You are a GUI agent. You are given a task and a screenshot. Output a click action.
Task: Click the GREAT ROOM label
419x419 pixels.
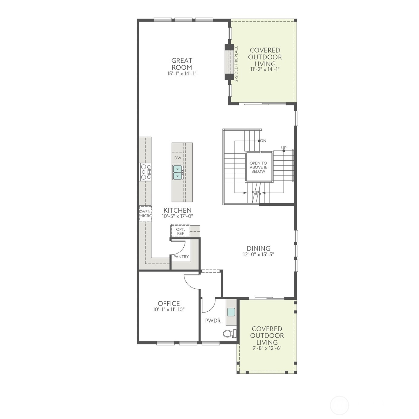(182, 64)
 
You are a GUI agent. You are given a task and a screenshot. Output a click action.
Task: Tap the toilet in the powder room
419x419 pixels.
(230, 333)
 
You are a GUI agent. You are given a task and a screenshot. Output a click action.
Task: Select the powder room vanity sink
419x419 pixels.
(231, 312)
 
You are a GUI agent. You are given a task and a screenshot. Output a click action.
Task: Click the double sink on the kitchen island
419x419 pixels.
(178, 172)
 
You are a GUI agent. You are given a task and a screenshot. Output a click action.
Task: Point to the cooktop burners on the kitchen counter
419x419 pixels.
(146, 172)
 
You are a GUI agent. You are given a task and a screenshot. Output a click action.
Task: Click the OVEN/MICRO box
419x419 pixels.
(146, 214)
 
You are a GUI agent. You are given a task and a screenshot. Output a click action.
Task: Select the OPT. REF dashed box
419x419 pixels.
(180, 231)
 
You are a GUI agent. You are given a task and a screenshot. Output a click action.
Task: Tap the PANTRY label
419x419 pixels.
(181, 257)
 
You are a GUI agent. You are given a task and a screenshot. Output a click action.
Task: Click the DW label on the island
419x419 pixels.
(178, 158)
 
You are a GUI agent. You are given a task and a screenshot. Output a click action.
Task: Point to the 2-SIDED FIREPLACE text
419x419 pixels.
(237, 64)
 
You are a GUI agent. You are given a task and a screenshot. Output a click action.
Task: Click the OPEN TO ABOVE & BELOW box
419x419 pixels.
(258, 167)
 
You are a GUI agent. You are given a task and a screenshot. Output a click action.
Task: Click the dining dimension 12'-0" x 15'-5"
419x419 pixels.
(258, 254)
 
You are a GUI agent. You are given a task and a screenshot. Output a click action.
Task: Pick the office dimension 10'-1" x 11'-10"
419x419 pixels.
(169, 309)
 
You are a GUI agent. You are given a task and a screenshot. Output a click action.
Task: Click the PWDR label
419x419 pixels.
(213, 321)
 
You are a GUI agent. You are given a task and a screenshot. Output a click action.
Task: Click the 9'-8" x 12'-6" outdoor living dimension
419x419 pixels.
(267, 348)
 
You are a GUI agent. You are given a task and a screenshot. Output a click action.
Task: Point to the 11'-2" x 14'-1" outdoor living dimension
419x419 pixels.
(265, 69)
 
